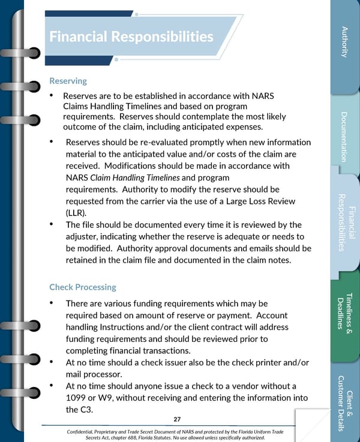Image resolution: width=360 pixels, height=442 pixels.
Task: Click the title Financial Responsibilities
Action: point(131,37)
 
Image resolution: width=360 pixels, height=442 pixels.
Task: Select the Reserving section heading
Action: point(68,80)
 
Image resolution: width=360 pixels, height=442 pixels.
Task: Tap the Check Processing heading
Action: point(83,287)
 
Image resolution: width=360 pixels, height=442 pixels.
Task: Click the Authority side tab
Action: point(344,42)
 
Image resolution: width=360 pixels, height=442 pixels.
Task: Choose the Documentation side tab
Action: point(344,137)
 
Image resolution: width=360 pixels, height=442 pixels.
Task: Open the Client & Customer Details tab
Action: point(344,403)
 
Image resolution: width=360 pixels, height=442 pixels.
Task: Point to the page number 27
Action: point(177,419)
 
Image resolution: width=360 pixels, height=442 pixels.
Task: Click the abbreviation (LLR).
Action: point(75,212)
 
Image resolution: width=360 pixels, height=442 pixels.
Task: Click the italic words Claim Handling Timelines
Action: point(134,178)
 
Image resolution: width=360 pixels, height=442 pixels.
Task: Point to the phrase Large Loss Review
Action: point(261,201)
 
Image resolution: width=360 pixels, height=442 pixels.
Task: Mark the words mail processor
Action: point(94,374)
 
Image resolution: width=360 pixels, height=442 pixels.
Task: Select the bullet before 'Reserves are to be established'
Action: point(52,96)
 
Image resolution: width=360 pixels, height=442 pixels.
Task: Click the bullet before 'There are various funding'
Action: point(52,303)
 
